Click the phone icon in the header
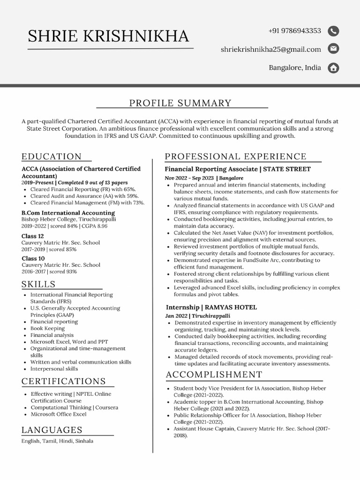tap(333, 31)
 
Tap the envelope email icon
tap(333, 49)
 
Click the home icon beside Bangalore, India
tap(333, 68)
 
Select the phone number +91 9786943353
tap(294, 31)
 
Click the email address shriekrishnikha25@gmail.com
tap(270, 49)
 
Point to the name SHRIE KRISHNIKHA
tap(108, 36)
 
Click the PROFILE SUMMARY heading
tap(180, 103)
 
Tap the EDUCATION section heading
tap(52, 157)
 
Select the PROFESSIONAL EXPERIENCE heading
tap(235, 157)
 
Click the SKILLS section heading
tap(38, 284)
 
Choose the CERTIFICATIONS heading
tap(64, 381)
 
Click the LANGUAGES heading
tap(52, 430)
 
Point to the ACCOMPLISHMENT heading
tap(214, 375)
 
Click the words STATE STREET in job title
tap(287, 169)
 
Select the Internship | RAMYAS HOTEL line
tap(211, 307)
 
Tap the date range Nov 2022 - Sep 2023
tap(189, 179)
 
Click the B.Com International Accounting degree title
tap(68, 213)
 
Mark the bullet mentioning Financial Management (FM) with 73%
tap(87, 203)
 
